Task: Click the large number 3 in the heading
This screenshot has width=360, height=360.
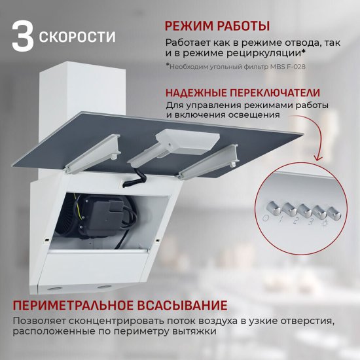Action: click(22, 37)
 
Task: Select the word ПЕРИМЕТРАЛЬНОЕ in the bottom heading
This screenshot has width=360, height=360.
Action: click(71, 306)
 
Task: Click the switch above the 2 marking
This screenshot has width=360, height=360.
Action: click(304, 210)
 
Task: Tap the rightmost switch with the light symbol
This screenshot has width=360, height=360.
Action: click(333, 212)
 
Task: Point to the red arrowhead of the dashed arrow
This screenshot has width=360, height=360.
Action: click(318, 160)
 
